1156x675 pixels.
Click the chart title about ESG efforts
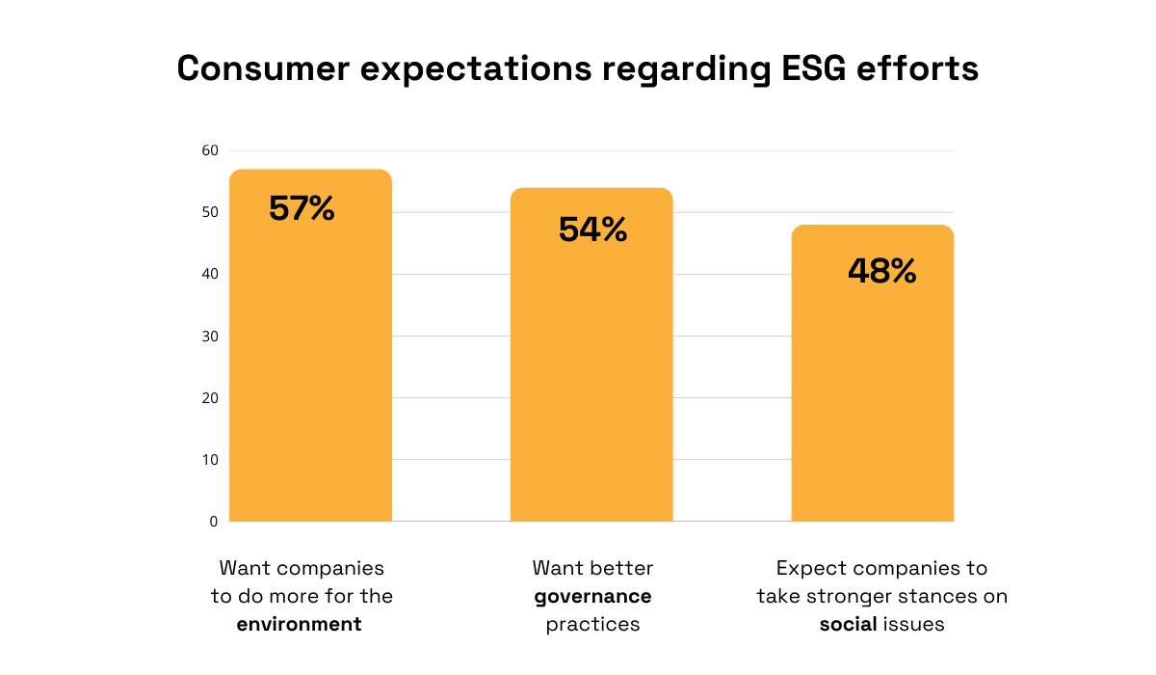[x=578, y=69]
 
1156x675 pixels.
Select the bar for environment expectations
[x=310, y=366]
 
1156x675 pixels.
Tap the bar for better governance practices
[x=591, y=376]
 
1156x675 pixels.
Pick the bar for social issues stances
[x=873, y=395]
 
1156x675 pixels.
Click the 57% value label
[x=302, y=208]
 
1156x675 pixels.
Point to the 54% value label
[x=592, y=229]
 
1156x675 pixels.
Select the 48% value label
[x=881, y=271]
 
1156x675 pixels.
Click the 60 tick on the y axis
[x=210, y=150]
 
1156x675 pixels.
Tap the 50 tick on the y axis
[x=210, y=212]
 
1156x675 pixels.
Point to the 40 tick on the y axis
[x=210, y=274]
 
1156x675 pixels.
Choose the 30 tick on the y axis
[x=210, y=336]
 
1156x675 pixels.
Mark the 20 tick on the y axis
[x=210, y=397]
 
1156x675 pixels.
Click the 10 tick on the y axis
[x=210, y=459]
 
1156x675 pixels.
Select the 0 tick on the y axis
[x=214, y=521]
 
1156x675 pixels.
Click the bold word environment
[x=300, y=624]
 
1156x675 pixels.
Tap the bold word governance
[x=592, y=596]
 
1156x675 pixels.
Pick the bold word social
[x=848, y=624]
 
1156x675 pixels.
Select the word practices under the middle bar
[x=592, y=624]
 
